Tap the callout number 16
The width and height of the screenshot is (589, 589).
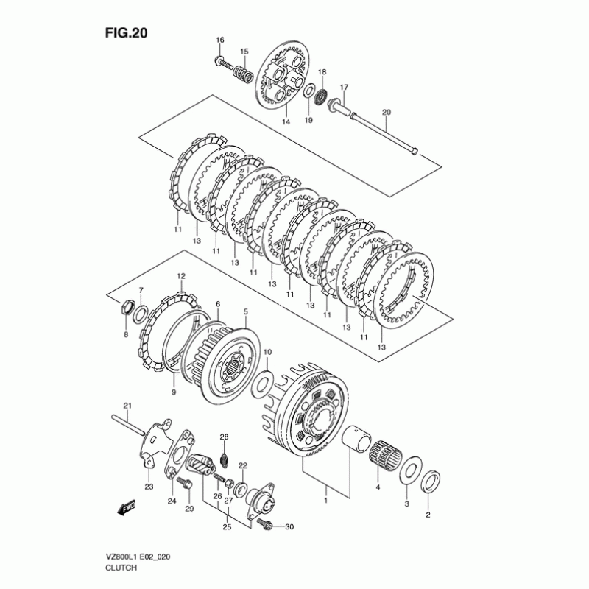[x=219, y=39]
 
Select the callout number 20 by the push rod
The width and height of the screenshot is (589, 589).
[x=386, y=112]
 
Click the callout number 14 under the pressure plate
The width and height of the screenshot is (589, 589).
[x=286, y=121]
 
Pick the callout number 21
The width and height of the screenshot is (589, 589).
[x=126, y=406]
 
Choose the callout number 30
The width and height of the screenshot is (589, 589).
[x=289, y=527]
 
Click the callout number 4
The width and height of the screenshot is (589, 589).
[x=378, y=487]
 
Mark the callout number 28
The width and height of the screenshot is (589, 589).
[x=225, y=437]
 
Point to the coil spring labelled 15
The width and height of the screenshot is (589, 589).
[x=243, y=73]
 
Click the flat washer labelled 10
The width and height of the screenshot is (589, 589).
[x=261, y=384]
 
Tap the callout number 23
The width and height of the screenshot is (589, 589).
[x=148, y=487]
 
